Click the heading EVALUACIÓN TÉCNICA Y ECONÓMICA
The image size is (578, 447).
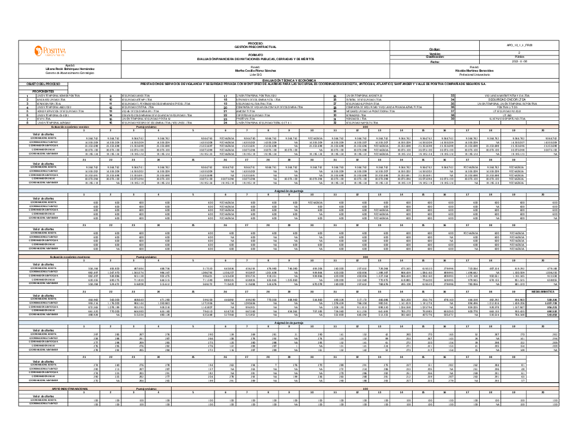288,80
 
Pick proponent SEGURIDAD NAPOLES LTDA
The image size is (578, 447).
368,123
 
